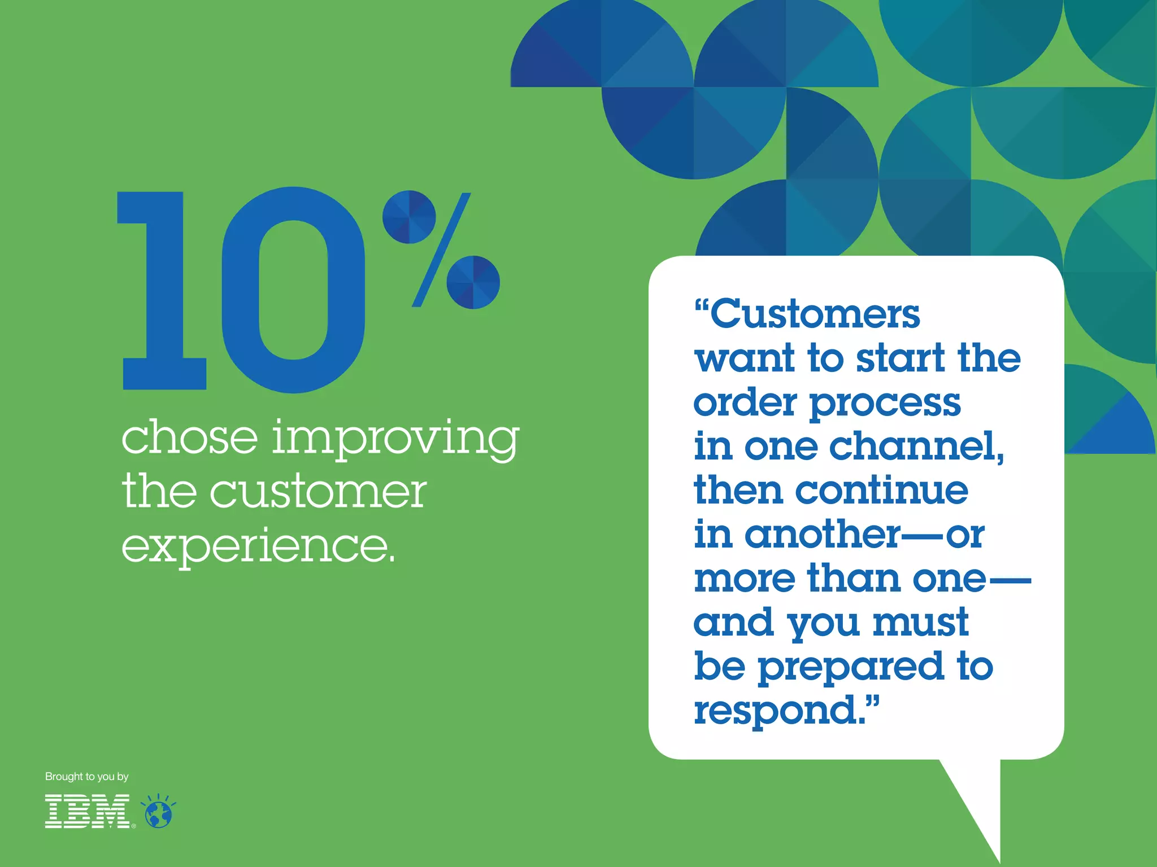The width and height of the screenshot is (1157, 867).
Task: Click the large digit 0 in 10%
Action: (x=293, y=290)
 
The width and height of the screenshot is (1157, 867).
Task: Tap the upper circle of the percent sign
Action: (x=409, y=217)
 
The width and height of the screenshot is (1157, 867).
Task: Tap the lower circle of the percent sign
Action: (x=473, y=282)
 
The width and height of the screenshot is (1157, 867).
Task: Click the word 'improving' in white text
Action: (x=395, y=439)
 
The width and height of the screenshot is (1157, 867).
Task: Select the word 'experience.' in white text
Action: (x=258, y=546)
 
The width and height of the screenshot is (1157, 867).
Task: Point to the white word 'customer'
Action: (x=319, y=492)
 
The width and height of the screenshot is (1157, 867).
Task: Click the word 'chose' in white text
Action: (x=190, y=437)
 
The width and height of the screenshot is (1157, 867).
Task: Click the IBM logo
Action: (x=88, y=811)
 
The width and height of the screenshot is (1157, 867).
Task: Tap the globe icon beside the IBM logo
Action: (x=159, y=813)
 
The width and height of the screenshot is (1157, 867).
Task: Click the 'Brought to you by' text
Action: (x=87, y=777)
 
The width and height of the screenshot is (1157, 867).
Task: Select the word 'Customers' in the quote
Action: (x=814, y=314)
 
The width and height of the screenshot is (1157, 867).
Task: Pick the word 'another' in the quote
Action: (x=823, y=534)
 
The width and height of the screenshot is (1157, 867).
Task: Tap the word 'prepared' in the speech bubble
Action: (x=851, y=667)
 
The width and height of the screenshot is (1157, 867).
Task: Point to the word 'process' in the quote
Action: (x=885, y=404)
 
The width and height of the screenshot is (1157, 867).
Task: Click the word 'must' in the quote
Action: (x=921, y=623)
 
